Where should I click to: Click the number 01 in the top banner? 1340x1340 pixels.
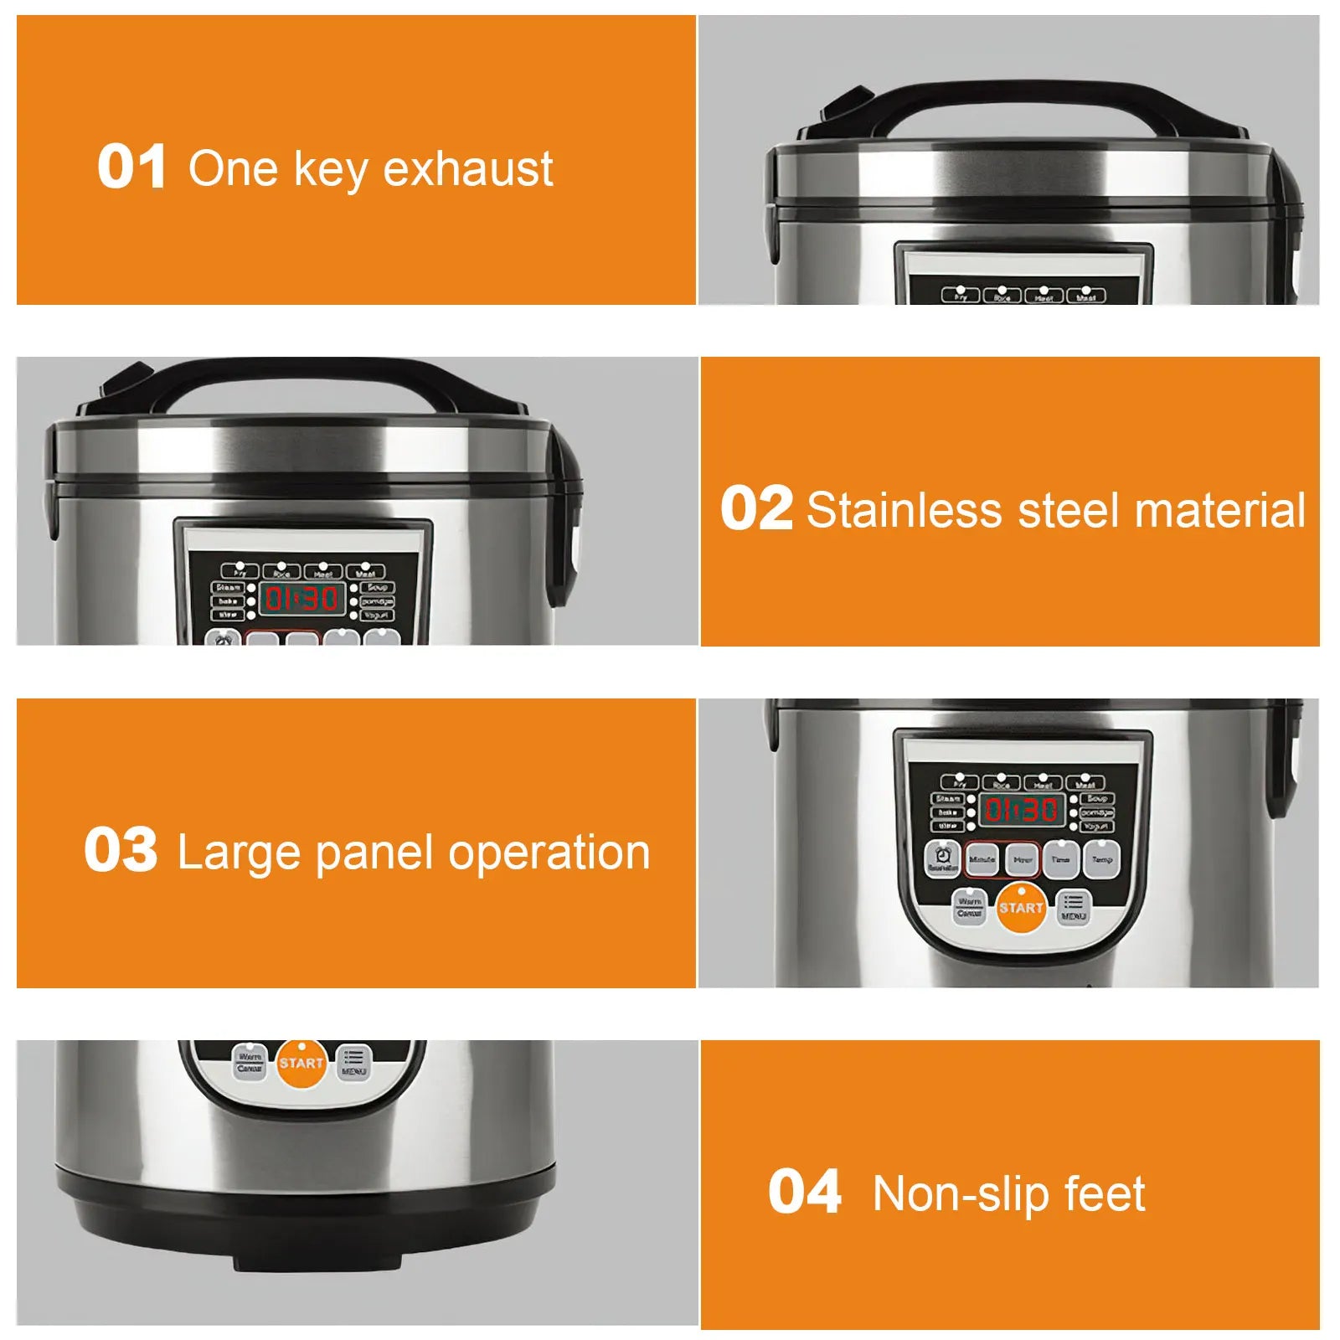pyautogui.click(x=131, y=167)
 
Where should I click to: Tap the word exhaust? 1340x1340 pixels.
pyautogui.click(x=468, y=169)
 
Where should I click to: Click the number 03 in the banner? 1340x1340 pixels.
pyautogui.click(x=121, y=850)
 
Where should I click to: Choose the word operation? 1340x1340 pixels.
pyautogui.click(x=549, y=854)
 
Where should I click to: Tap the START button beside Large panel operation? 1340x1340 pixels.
pyautogui.click(x=1021, y=908)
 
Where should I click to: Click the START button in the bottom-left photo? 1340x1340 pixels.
pyautogui.click(x=301, y=1064)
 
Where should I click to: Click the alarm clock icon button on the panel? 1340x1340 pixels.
pyautogui.click(x=943, y=857)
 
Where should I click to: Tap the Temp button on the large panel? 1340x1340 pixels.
pyautogui.click(x=1101, y=860)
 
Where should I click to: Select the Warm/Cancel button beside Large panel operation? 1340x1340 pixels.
pyautogui.click(x=969, y=907)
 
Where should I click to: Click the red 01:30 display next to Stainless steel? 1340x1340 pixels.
pyautogui.click(x=301, y=598)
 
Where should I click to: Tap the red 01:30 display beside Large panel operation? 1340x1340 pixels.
pyautogui.click(x=1021, y=810)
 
